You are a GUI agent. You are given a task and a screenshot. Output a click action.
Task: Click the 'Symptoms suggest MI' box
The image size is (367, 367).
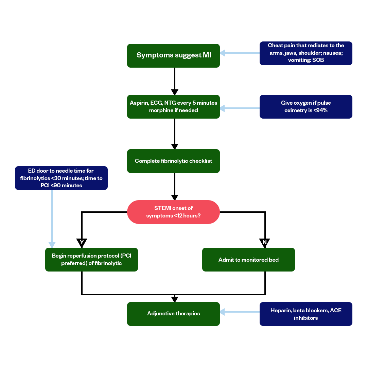point(173,55)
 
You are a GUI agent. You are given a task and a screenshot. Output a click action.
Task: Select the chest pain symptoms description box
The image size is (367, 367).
point(306,53)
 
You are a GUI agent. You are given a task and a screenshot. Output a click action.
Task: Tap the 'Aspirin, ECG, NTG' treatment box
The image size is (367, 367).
point(173,107)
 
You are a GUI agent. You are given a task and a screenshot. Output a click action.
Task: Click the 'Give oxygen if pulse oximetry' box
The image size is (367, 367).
point(306,107)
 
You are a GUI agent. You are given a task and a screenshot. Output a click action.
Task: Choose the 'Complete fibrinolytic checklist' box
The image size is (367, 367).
point(173,161)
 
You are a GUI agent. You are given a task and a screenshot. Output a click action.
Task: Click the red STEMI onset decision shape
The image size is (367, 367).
point(173,212)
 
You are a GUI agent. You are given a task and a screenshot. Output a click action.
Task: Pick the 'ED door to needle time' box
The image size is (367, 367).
point(61,178)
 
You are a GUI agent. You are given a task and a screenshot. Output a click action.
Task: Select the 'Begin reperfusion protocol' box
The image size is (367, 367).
point(91,260)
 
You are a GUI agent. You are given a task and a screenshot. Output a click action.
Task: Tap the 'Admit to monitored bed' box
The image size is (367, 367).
point(248,260)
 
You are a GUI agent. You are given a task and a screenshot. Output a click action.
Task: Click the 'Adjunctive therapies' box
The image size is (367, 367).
point(173,314)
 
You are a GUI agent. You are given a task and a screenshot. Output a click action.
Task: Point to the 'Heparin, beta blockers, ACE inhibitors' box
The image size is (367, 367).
point(306,314)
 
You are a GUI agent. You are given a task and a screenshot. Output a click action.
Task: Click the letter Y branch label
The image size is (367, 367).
point(82,242)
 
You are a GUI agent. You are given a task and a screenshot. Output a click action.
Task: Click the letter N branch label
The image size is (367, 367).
point(264,242)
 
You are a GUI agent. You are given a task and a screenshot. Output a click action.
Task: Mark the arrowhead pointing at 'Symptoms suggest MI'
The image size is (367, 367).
point(223,53)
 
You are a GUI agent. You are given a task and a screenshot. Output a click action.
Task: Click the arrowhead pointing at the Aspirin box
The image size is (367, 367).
point(223,108)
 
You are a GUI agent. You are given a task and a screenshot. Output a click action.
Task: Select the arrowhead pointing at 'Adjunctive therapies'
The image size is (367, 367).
point(223,312)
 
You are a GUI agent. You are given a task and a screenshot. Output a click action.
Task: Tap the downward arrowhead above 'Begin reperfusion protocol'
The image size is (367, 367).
point(52,245)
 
